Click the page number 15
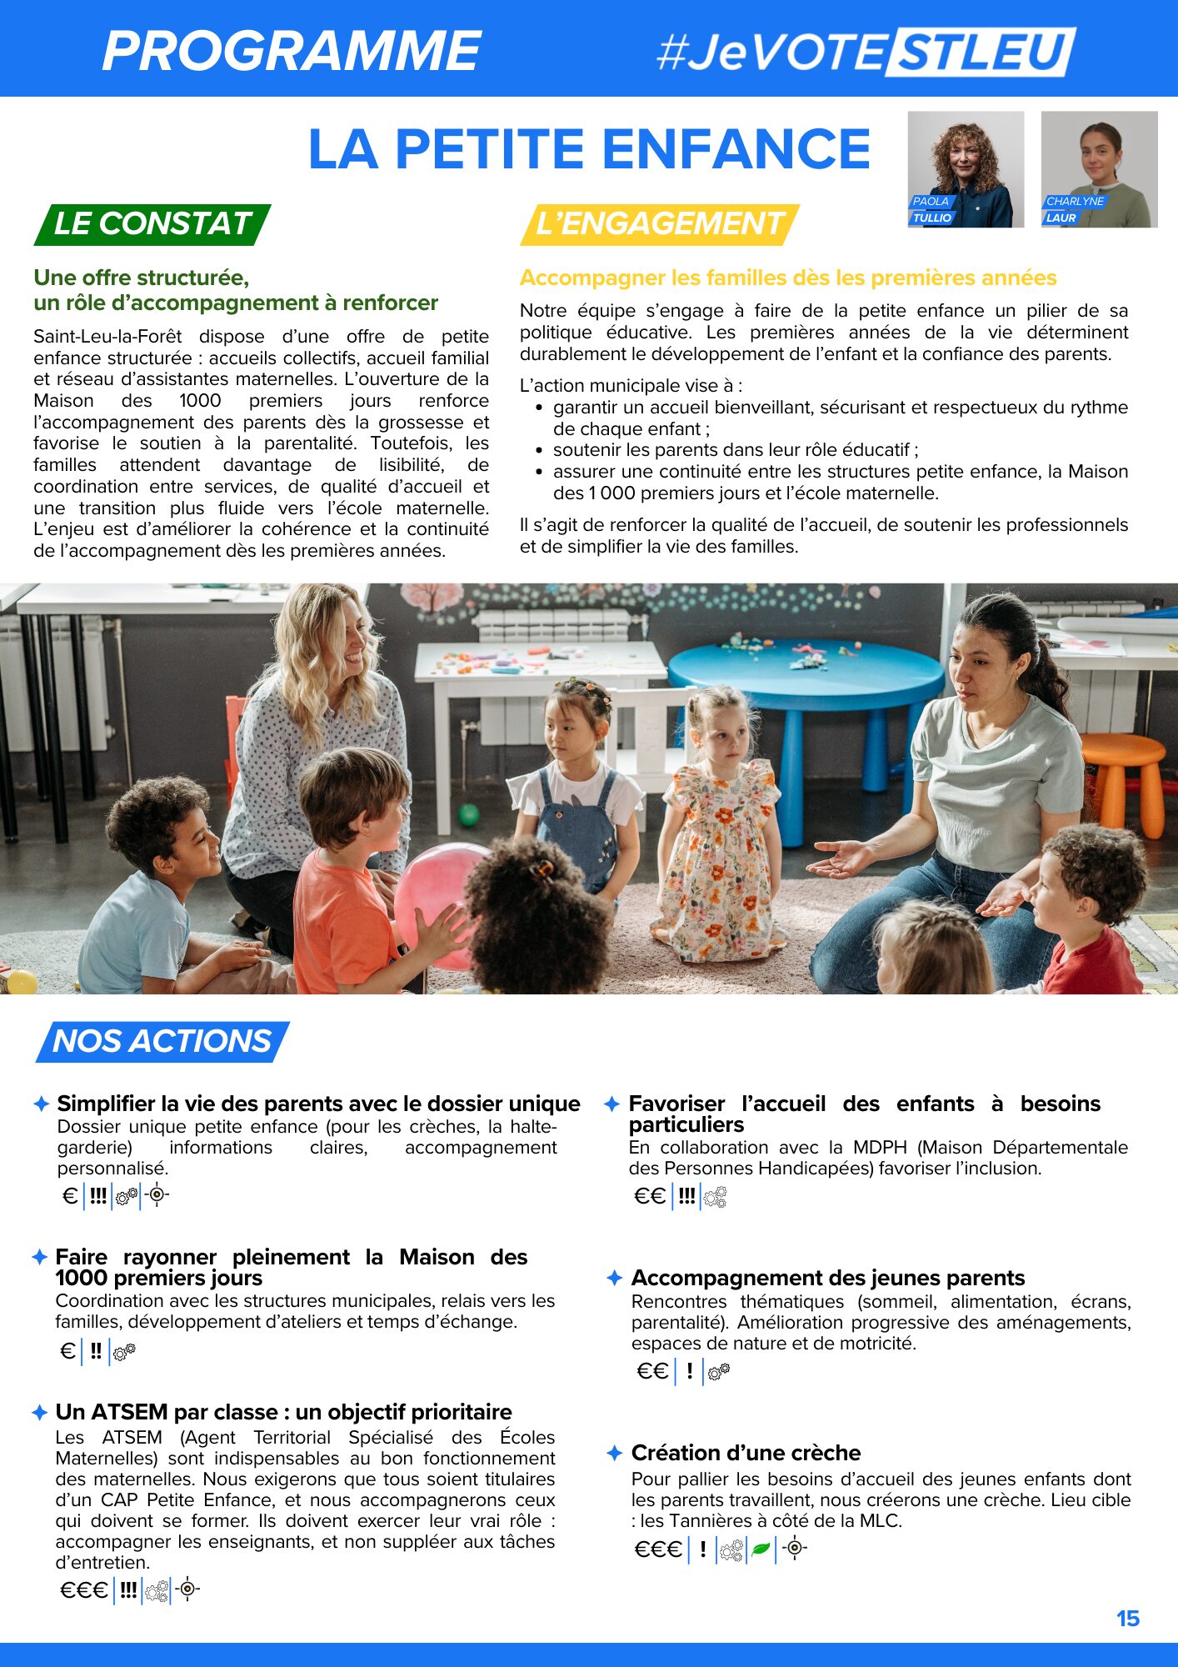[x=1127, y=1619]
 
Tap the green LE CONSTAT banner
[x=152, y=224]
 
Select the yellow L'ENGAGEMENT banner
[x=659, y=224]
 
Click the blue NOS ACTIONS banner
[x=162, y=1041]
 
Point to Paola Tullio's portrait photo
[x=966, y=169]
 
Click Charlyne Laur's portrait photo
[x=1099, y=169]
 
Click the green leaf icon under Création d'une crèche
[x=761, y=1549]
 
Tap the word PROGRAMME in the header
[x=292, y=51]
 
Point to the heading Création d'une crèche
[x=746, y=1453]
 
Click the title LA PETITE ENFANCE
[x=589, y=149]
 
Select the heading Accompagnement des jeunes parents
[x=827, y=1278]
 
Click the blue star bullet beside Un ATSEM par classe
[x=39, y=1412]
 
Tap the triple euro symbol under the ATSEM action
[x=83, y=1590]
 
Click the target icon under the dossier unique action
[x=157, y=1195]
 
